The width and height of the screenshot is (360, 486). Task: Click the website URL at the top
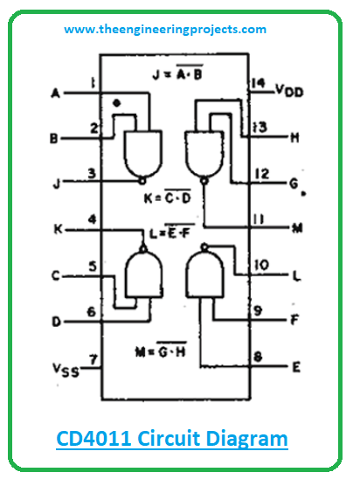pos(165,30)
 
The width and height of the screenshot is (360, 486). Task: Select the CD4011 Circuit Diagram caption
pos(172,439)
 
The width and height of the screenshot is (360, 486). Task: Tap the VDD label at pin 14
pos(289,91)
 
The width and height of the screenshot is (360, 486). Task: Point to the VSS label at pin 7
pos(66,370)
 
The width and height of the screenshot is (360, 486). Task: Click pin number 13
pos(260,127)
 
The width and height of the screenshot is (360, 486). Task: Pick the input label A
pos(55,93)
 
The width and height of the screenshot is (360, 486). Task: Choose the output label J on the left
pos(57,184)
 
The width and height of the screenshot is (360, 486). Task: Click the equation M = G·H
pos(161,350)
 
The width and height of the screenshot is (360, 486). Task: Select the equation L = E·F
pos(172,231)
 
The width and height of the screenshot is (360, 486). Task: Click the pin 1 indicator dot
pos(117,103)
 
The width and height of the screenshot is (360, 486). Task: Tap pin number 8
pos(258,357)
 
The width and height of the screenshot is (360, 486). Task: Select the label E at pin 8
pos(296,367)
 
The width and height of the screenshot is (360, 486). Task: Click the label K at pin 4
pos(58,229)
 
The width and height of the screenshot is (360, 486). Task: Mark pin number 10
pos(261,266)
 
